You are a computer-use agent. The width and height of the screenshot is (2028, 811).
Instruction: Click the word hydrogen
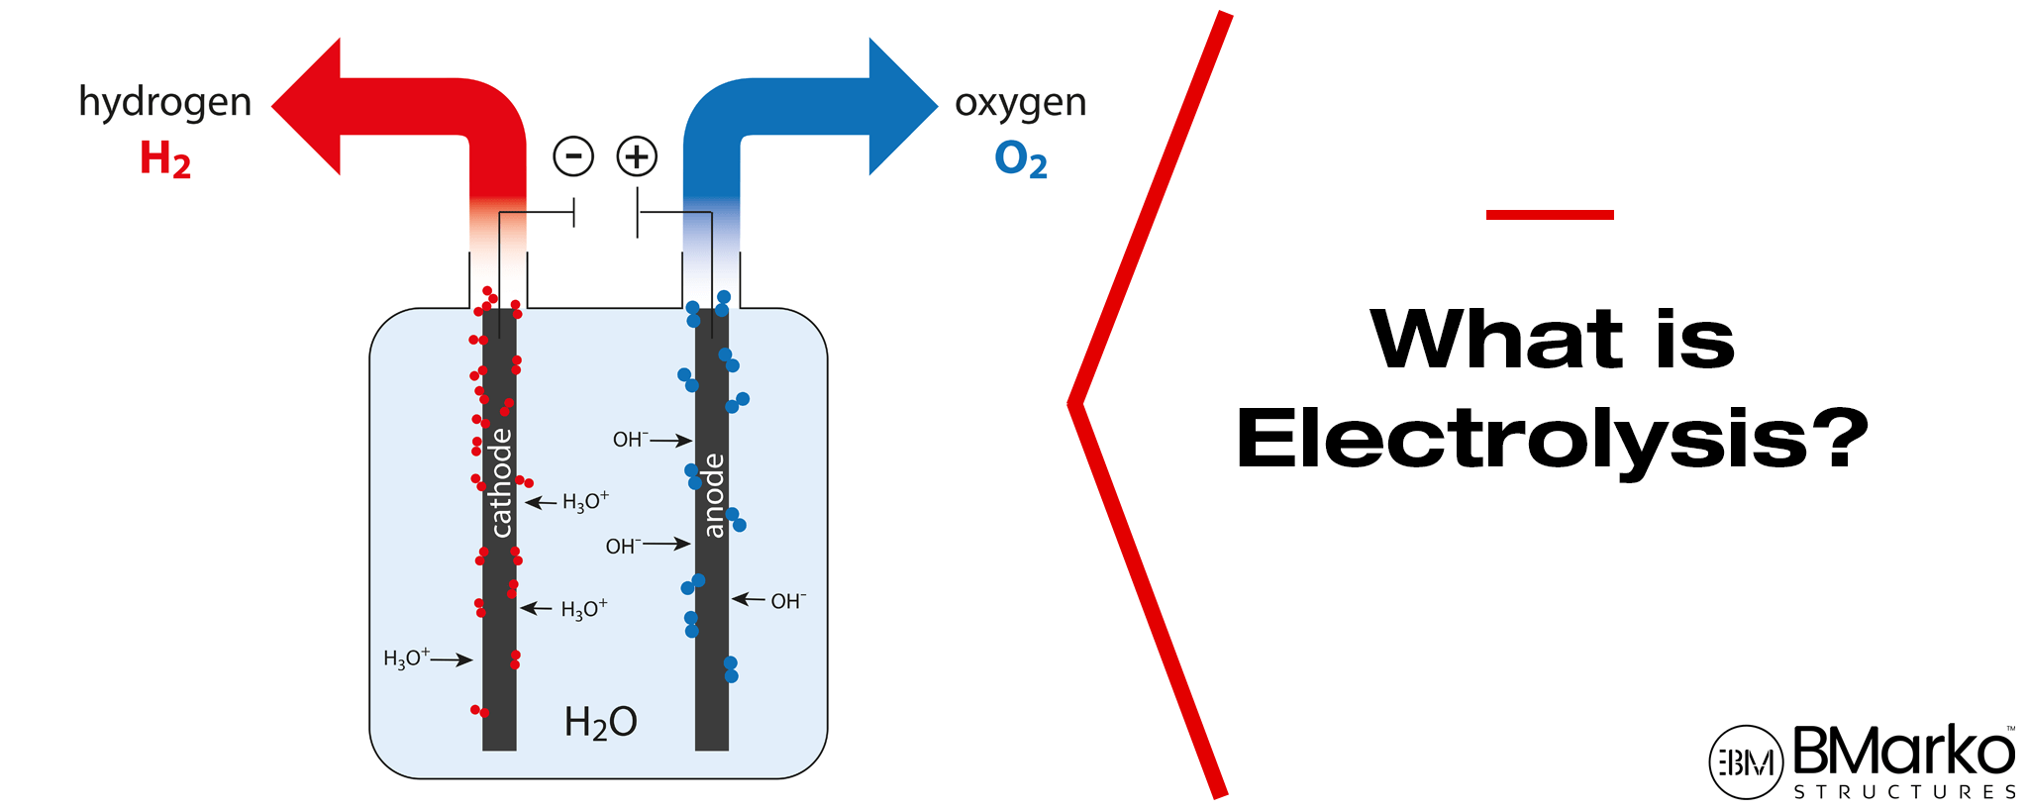click(164, 103)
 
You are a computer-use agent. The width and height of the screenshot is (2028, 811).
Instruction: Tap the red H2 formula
click(164, 159)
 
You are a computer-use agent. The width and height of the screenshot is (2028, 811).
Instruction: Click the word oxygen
click(1020, 103)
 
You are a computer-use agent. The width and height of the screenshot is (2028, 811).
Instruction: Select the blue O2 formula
click(1020, 159)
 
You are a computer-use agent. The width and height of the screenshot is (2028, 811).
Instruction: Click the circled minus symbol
click(573, 156)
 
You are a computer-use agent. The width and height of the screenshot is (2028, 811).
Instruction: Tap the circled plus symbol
click(637, 156)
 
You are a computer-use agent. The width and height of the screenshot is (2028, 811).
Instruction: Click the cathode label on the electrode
click(501, 483)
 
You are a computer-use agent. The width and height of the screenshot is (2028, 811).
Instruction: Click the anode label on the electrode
click(713, 496)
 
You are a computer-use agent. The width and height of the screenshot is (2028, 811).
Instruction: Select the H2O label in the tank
click(600, 723)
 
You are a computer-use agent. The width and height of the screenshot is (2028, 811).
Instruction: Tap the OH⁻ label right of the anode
click(788, 601)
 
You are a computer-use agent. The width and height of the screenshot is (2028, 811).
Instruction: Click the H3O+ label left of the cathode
click(406, 659)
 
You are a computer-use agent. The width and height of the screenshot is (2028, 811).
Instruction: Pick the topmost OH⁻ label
click(630, 439)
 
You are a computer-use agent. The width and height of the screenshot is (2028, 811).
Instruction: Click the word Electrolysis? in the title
click(1552, 441)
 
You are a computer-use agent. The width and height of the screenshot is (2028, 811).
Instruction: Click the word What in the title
click(1496, 340)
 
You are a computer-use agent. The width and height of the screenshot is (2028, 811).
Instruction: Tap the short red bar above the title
click(1550, 214)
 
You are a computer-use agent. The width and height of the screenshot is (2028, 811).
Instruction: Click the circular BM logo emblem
click(1746, 761)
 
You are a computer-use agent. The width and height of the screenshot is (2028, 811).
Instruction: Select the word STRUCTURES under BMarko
click(1905, 792)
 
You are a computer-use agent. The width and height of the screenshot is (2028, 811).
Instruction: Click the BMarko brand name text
click(1903, 752)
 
